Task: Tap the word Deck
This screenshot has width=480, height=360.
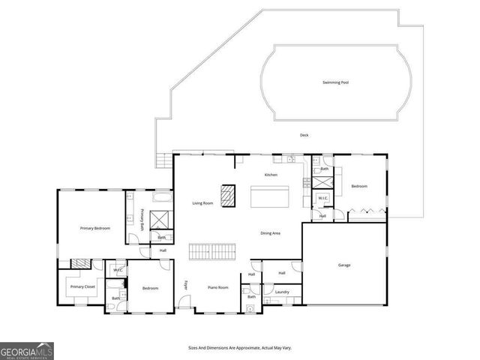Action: (x=304, y=135)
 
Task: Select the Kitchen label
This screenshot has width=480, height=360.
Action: (x=271, y=175)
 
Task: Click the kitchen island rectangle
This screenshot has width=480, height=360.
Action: (x=270, y=197)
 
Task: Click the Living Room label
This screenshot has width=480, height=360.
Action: (x=202, y=203)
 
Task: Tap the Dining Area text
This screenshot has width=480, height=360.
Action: (x=270, y=233)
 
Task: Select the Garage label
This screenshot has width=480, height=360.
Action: (x=344, y=265)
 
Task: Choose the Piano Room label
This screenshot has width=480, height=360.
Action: (x=217, y=287)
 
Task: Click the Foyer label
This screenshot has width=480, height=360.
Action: (x=186, y=284)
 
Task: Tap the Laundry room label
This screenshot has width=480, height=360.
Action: (x=282, y=292)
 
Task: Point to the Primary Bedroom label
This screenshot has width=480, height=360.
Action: (x=96, y=227)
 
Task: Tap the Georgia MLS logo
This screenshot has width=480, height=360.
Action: (x=27, y=351)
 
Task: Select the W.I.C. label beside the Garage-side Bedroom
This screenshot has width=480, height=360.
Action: (x=322, y=198)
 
